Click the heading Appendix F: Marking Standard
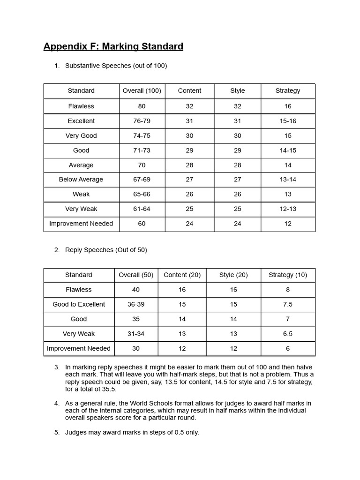[x=113, y=46]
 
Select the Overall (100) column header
[x=142, y=91]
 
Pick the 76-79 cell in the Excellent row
[x=142, y=121]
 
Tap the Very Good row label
[x=81, y=135]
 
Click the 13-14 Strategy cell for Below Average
[x=288, y=180]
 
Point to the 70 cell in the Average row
[x=142, y=165]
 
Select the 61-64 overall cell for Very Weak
[x=142, y=209]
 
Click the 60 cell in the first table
[x=142, y=224]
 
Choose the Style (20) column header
[x=233, y=275]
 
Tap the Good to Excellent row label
[x=79, y=304]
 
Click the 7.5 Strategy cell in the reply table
[x=288, y=304]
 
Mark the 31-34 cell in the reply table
[x=136, y=334]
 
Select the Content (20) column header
[x=182, y=275]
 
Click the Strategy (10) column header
[x=288, y=275]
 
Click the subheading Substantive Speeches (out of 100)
[x=116, y=66]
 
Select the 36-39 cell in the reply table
[x=136, y=304]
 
